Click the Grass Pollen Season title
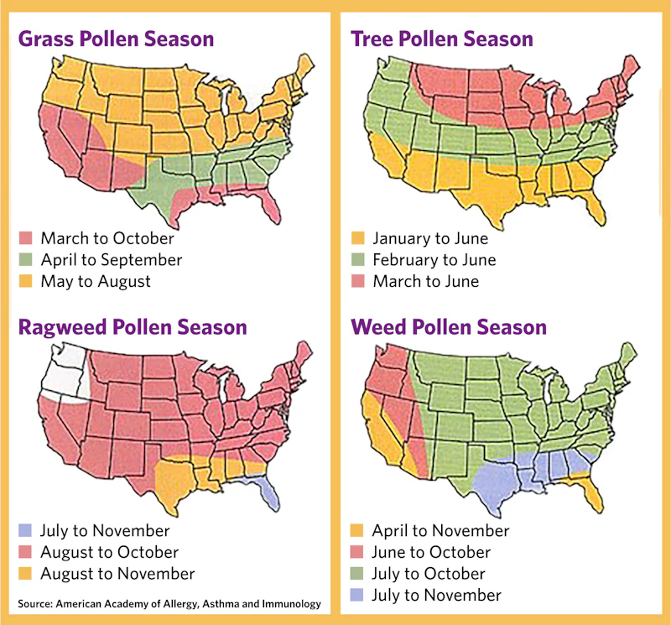click(x=116, y=39)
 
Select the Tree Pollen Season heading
click(x=441, y=39)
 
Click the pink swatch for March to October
click(x=25, y=238)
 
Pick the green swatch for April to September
click(x=25, y=260)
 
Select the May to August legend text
click(x=96, y=282)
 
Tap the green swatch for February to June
click(x=357, y=260)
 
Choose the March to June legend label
click(x=426, y=282)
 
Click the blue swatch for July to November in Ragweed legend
click(x=25, y=531)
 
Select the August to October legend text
click(x=109, y=553)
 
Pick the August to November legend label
click(x=117, y=575)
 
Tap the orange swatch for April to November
click(x=357, y=531)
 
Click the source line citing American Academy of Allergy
click(x=168, y=603)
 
